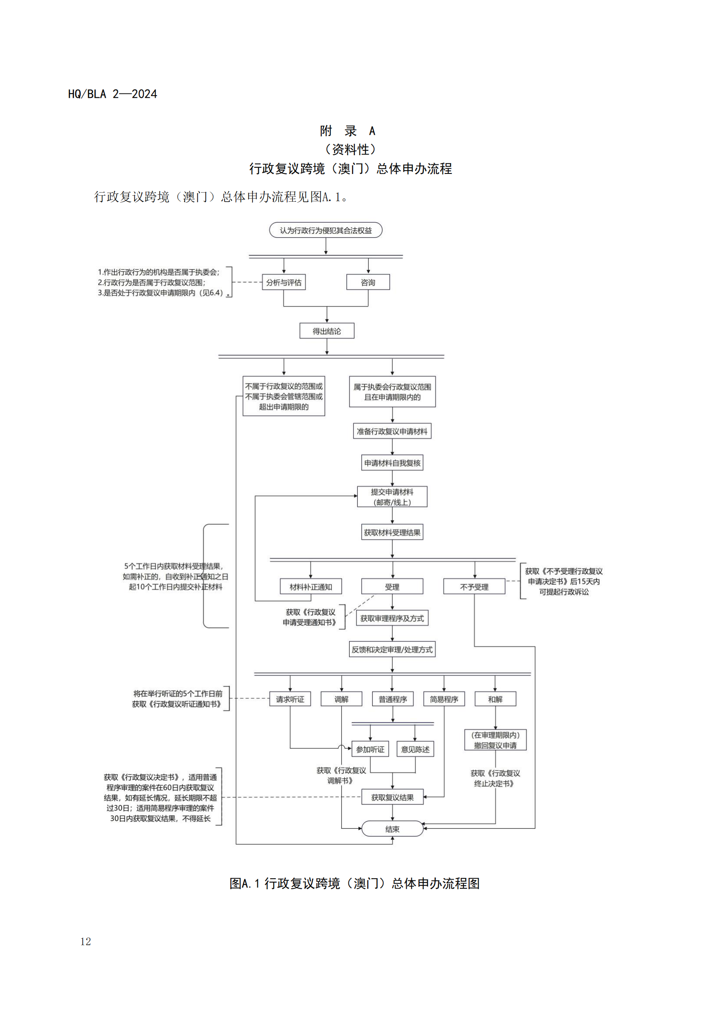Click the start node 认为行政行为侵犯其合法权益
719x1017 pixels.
(326, 230)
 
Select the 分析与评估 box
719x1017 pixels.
(283, 282)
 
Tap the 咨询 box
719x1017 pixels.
(368, 282)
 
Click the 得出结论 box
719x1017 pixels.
(327, 331)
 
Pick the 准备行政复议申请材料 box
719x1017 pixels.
(392, 431)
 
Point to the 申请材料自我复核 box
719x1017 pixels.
(392, 463)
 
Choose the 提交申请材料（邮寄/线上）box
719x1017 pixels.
(392, 497)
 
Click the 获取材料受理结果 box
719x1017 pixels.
(392, 533)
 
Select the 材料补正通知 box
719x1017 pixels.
(311, 587)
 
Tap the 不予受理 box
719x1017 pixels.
(474, 587)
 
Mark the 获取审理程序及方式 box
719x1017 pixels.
(392, 618)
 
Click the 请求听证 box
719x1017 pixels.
(290, 699)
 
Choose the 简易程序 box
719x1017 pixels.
(444, 699)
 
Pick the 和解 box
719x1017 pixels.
(495, 699)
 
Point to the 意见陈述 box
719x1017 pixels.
(415, 749)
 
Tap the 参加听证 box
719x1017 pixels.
(370, 749)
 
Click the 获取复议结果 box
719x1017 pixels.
(392, 797)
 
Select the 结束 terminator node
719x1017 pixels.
(392, 829)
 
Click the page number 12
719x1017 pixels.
(86, 941)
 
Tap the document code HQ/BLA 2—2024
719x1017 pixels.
(113, 94)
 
